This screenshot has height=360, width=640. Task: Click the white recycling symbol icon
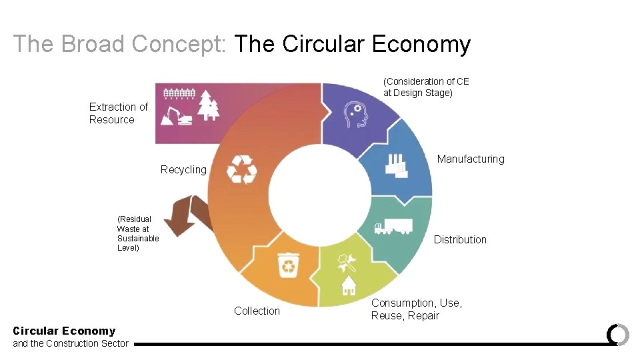click(x=241, y=169)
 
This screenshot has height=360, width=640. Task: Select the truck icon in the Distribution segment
click(x=393, y=227)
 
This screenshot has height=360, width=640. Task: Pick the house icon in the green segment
click(x=348, y=285)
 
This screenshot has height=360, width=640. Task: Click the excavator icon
click(x=177, y=115)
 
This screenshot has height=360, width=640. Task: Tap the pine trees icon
click(x=209, y=105)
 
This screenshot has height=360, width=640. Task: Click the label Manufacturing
click(x=471, y=159)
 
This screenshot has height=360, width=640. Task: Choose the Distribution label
click(x=460, y=239)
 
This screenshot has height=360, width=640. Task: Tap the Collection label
click(x=257, y=311)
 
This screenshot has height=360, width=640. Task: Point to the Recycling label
click(x=183, y=169)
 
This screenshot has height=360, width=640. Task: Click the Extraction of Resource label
click(x=118, y=113)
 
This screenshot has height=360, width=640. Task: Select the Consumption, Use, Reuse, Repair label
click(x=416, y=309)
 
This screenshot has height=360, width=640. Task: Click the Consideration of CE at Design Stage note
click(x=426, y=87)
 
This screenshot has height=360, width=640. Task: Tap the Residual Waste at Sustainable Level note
click(x=137, y=233)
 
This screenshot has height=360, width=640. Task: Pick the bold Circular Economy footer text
click(x=64, y=331)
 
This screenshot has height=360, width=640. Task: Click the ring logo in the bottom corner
click(x=617, y=335)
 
